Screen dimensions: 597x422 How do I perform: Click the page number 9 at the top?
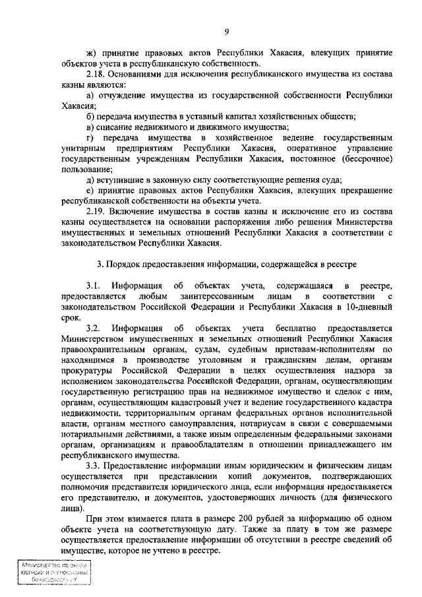click(226, 31)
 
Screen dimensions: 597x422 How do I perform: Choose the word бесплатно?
click(282, 328)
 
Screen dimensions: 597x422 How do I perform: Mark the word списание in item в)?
click(117, 127)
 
